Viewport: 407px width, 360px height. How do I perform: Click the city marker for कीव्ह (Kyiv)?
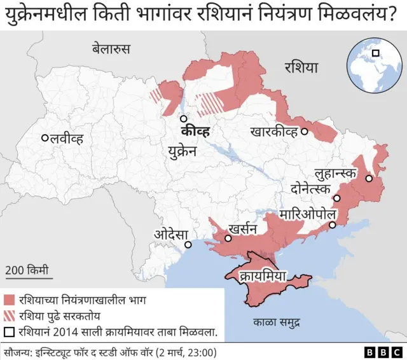pyautogui.click(x=183, y=118)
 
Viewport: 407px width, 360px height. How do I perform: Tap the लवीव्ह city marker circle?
pyautogui.click(x=45, y=138)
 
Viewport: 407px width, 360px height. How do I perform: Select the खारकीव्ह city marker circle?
pyautogui.click(x=305, y=132)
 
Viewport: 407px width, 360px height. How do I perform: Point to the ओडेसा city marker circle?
pyautogui.click(x=188, y=245)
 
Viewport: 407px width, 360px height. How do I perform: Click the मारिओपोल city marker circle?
pyautogui.click(x=332, y=225)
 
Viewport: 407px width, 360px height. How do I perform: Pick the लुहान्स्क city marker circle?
pyautogui.click(x=368, y=179)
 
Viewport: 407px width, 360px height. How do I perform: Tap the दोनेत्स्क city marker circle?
pyautogui.click(x=338, y=198)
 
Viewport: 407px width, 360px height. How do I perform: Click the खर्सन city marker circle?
pyautogui.click(x=227, y=239)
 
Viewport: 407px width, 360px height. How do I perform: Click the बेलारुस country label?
pyautogui.click(x=111, y=48)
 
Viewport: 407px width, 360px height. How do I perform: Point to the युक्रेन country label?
pyautogui.click(x=183, y=151)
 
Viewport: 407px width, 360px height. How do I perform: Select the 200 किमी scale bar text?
pyautogui.click(x=27, y=269)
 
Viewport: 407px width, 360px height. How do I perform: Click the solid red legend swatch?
pyautogui.click(x=9, y=300)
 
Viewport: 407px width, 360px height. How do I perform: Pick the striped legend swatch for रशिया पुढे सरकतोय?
pyautogui.click(x=9, y=315)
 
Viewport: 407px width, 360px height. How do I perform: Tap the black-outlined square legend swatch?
pyautogui.click(x=9, y=331)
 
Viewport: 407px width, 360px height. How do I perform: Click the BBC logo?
pyautogui.click(x=383, y=352)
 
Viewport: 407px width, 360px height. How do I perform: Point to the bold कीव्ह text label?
pyautogui.click(x=195, y=134)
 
